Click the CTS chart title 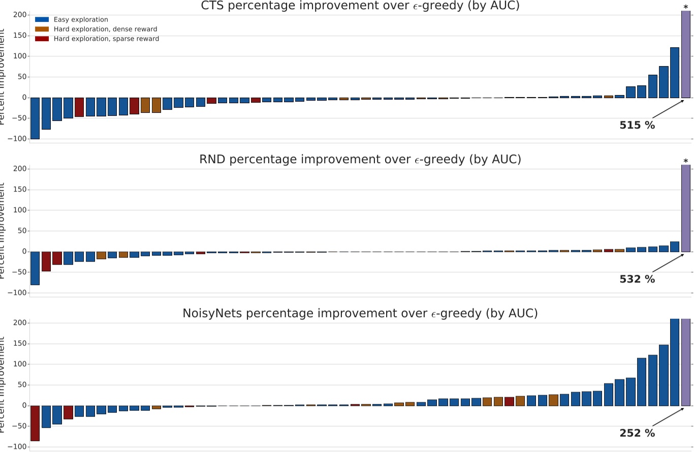[x=360, y=6]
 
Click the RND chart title [x=360, y=159]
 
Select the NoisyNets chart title [x=360, y=314]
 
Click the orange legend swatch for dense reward [x=42, y=29]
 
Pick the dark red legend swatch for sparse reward [x=42, y=39]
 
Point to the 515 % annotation [x=637, y=125]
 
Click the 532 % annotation [x=637, y=279]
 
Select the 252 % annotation [x=637, y=433]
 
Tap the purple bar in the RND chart [x=685, y=208]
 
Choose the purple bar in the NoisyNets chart [x=685, y=362]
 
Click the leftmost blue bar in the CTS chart [x=35, y=118]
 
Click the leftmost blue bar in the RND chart [x=35, y=268]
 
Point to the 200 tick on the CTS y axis [x=19, y=15]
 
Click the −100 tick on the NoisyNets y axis [x=17, y=447]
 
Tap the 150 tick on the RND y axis [x=19, y=189]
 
